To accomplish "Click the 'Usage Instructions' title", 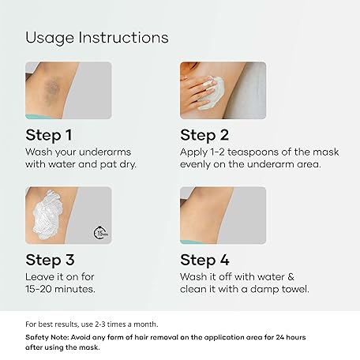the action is [97, 38].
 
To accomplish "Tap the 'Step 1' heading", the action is [49, 135].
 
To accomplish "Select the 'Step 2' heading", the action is [204, 135].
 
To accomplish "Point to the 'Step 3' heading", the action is [50, 260].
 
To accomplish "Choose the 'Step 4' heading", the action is [204, 260].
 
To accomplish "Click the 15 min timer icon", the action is [100, 233].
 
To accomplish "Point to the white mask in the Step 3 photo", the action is [47, 215].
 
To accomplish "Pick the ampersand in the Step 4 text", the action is [291, 277].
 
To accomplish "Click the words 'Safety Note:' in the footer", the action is [47, 337].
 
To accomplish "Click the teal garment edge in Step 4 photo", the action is [190, 242].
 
